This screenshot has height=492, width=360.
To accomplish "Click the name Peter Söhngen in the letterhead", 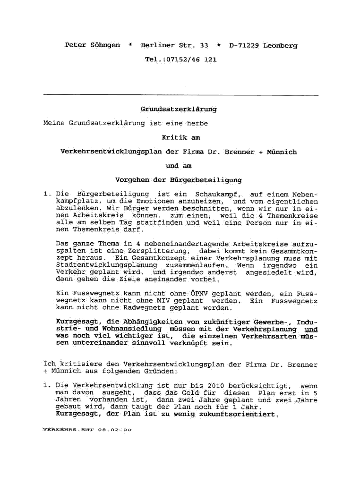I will (x=92, y=45).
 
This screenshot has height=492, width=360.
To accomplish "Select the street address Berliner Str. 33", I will (x=174, y=45).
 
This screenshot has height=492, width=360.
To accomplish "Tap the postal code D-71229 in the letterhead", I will (x=244, y=45).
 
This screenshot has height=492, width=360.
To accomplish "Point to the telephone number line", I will (x=180, y=59).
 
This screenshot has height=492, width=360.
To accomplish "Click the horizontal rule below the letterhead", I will (x=180, y=95).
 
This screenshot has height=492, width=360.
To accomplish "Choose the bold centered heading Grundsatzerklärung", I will (x=179, y=109).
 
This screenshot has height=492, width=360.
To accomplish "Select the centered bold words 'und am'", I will (x=179, y=166).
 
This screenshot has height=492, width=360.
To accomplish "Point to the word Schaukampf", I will (x=216, y=194).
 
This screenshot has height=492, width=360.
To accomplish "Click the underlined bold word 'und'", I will (x=311, y=329).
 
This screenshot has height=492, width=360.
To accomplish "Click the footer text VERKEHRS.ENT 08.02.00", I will (x=87, y=430).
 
